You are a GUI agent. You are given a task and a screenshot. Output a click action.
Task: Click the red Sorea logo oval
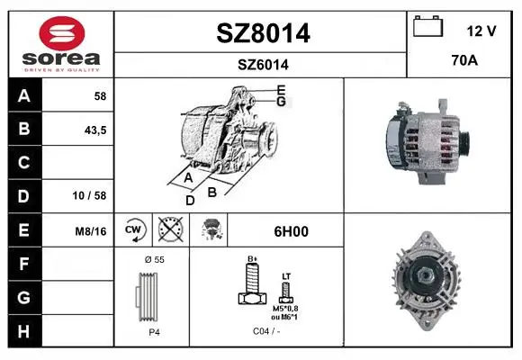click(x=62, y=33)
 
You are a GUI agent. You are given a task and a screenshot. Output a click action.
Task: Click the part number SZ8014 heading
click(x=263, y=33)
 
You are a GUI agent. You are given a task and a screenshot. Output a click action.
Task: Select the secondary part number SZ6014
click(x=263, y=65)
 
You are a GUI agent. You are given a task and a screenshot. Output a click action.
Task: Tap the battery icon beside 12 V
click(x=427, y=26)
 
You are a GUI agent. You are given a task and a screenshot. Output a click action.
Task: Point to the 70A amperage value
click(x=464, y=60)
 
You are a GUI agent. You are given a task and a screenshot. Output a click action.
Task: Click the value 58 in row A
click(x=100, y=96)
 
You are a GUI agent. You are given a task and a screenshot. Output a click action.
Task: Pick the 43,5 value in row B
click(x=95, y=130)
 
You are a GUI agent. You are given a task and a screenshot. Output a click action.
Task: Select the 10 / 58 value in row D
click(x=89, y=195)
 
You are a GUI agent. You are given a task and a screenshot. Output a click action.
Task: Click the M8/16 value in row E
click(x=91, y=231)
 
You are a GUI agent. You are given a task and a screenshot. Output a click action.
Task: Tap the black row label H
click(x=24, y=331)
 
